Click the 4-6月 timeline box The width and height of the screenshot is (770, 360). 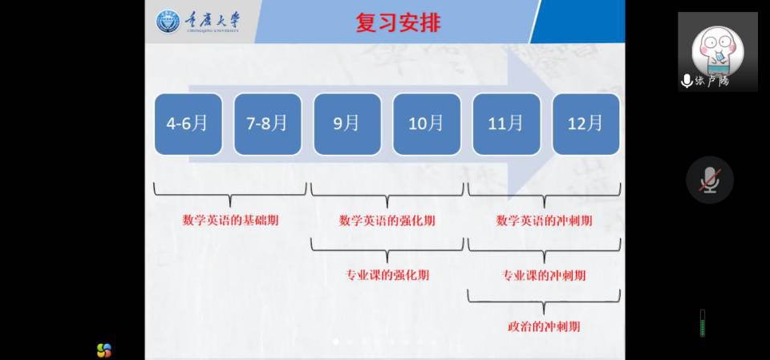coord(188,123)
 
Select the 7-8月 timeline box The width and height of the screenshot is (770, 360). coord(268,123)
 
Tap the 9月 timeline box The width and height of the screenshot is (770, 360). coord(347,123)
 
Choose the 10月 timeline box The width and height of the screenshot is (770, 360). coord(427,123)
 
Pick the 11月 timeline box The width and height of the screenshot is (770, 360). coord(506,123)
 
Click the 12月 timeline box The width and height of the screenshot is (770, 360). coord(586,123)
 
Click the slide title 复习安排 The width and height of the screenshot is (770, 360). coord(399,22)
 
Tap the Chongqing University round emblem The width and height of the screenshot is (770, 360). coord(168,22)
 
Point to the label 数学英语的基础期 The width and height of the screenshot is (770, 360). coord(230,220)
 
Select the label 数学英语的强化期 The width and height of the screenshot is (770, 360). coord(387,220)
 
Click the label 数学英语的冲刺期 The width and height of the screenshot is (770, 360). coord(544,220)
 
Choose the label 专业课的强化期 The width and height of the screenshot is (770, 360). coord(387,275)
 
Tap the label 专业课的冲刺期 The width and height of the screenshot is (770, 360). coord(544,275)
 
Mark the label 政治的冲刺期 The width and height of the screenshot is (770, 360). coord(544,326)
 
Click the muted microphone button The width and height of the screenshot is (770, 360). coord(710,180)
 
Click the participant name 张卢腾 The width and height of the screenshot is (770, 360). coord(712,81)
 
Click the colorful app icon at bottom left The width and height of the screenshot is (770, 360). coord(104,350)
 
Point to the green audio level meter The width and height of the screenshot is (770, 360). coord(703,323)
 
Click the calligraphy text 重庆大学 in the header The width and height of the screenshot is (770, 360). coord(212,21)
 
